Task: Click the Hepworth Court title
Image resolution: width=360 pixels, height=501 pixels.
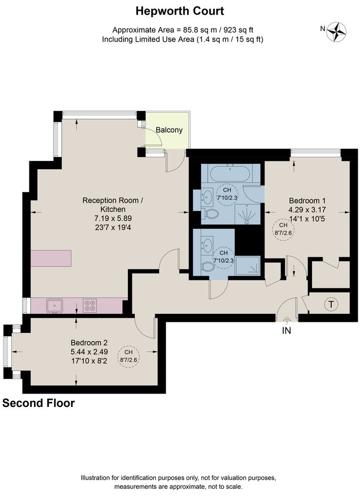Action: coord(180,11)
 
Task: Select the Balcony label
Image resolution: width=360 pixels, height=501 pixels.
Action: coord(169,130)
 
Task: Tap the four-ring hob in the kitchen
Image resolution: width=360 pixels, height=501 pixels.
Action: coord(90,304)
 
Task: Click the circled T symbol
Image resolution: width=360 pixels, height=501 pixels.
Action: coord(331,304)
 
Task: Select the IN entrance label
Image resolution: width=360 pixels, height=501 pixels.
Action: coord(286,330)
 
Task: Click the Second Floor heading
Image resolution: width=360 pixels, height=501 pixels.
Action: coord(38,403)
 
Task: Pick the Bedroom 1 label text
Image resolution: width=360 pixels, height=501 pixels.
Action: coord(307,200)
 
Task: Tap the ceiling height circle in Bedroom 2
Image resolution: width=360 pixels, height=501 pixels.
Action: coord(129,356)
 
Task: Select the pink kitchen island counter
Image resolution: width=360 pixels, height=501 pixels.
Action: coord(51,259)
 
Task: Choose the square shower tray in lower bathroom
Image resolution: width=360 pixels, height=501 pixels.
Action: coord(248,267)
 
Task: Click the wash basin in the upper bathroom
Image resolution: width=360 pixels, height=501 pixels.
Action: coord(206,195)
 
